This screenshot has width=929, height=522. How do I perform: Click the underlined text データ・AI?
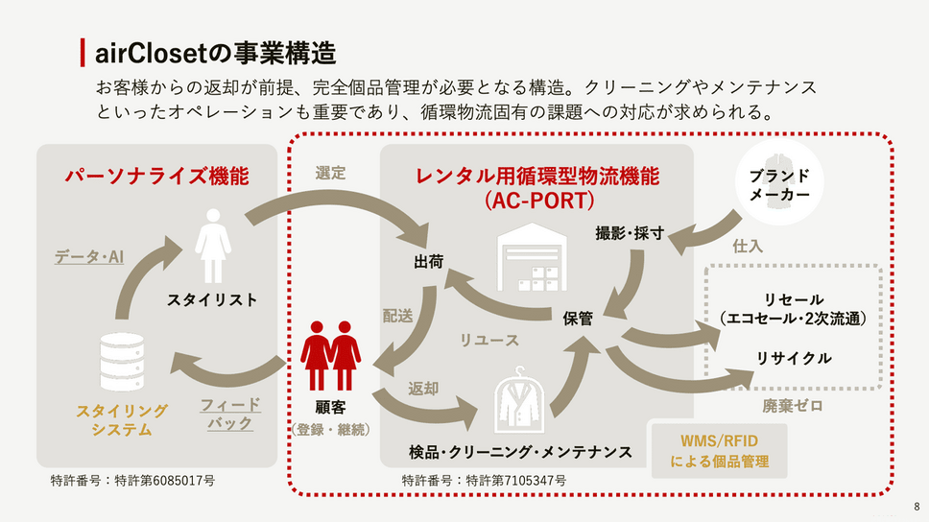click(x=89, y=256)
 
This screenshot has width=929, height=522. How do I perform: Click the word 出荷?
click(x=428, y=262)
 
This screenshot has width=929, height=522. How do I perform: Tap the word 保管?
click(x=578, y=318)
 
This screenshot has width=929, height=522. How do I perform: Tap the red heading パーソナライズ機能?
click(x=156, y=176)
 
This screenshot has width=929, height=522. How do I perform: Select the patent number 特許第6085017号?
click(x=132, y=479)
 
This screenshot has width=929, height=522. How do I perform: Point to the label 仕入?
click(x=748, y=247)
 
